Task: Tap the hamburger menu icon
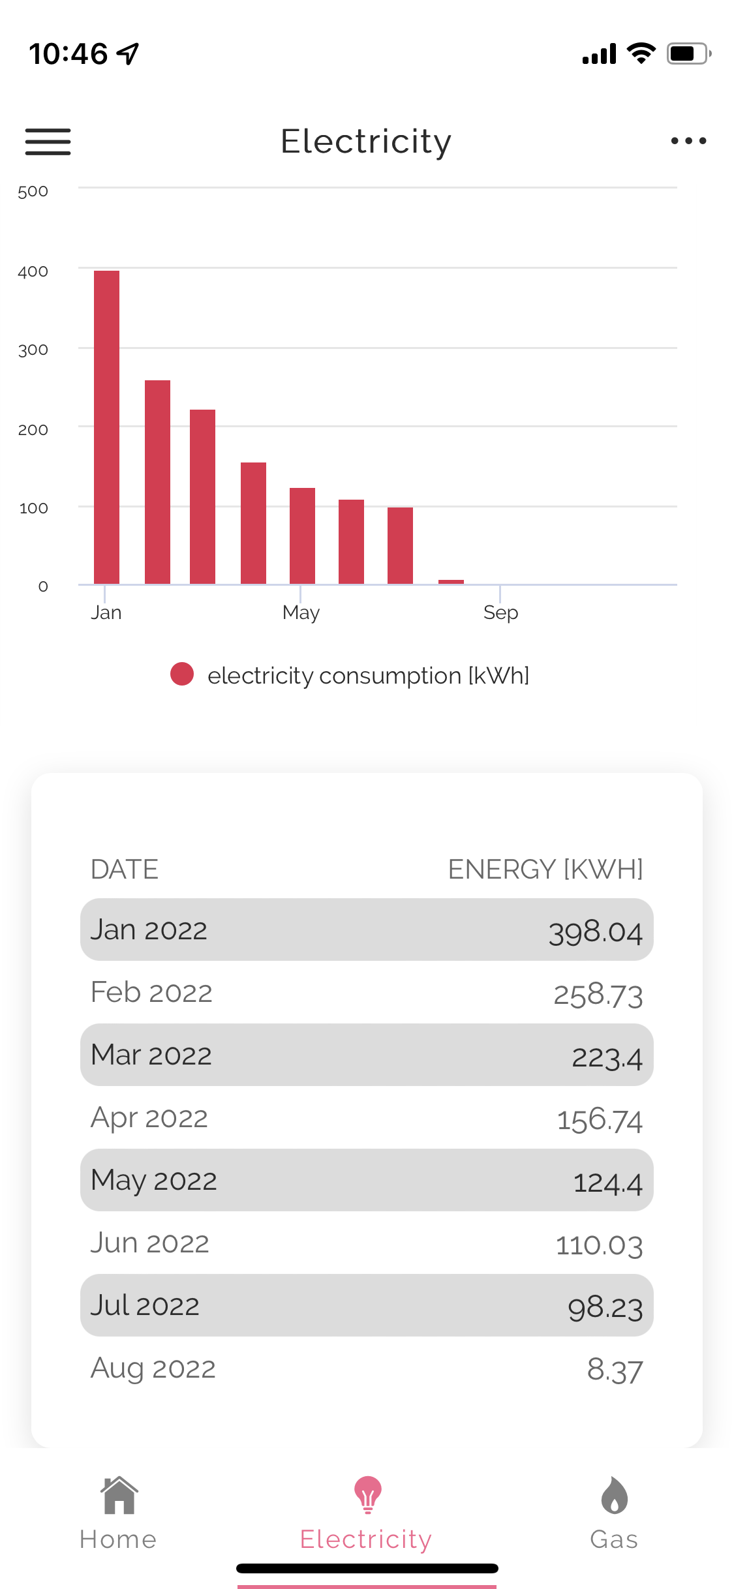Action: point(48,142)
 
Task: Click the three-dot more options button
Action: point(688,141)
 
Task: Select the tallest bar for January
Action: point(106,427)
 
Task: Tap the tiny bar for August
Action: point(451,581)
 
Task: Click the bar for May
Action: point(302,536)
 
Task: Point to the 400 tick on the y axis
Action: point(33,271)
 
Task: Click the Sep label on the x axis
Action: point(500,613)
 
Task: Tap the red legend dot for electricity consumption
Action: point(182,674)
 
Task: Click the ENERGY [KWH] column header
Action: point(545,870)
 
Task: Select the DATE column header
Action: point(125,870)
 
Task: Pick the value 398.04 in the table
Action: point(595,931)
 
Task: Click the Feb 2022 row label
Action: point(151,993)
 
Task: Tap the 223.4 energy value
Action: point(607,1056)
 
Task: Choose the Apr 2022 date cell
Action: point(149,1118)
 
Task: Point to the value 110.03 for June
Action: point(599,1245)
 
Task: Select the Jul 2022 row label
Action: point(145,1306)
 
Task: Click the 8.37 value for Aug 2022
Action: point(615,1369)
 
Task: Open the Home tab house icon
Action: point(119,1495)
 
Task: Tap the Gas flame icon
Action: point(614,1495)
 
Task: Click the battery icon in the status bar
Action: point(688,53)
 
